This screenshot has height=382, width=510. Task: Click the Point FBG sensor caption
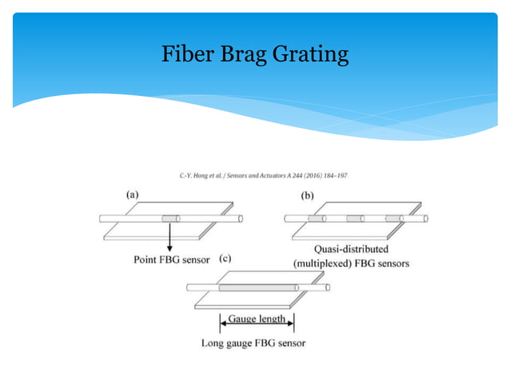(173, 260)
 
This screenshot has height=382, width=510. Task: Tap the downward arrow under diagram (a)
(169, 240)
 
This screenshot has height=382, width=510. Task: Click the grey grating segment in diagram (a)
(170, 218)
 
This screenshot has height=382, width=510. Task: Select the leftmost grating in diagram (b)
(316, 218)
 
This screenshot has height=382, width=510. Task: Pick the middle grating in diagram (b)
(354, 218)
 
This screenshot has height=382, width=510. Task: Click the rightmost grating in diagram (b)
(392, 218)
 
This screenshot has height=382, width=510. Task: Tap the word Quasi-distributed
(352, 249)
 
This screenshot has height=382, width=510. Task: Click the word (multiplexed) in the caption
(323, 264)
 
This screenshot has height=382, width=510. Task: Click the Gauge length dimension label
(257, 320)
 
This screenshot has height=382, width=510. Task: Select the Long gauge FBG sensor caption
(254, 344)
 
